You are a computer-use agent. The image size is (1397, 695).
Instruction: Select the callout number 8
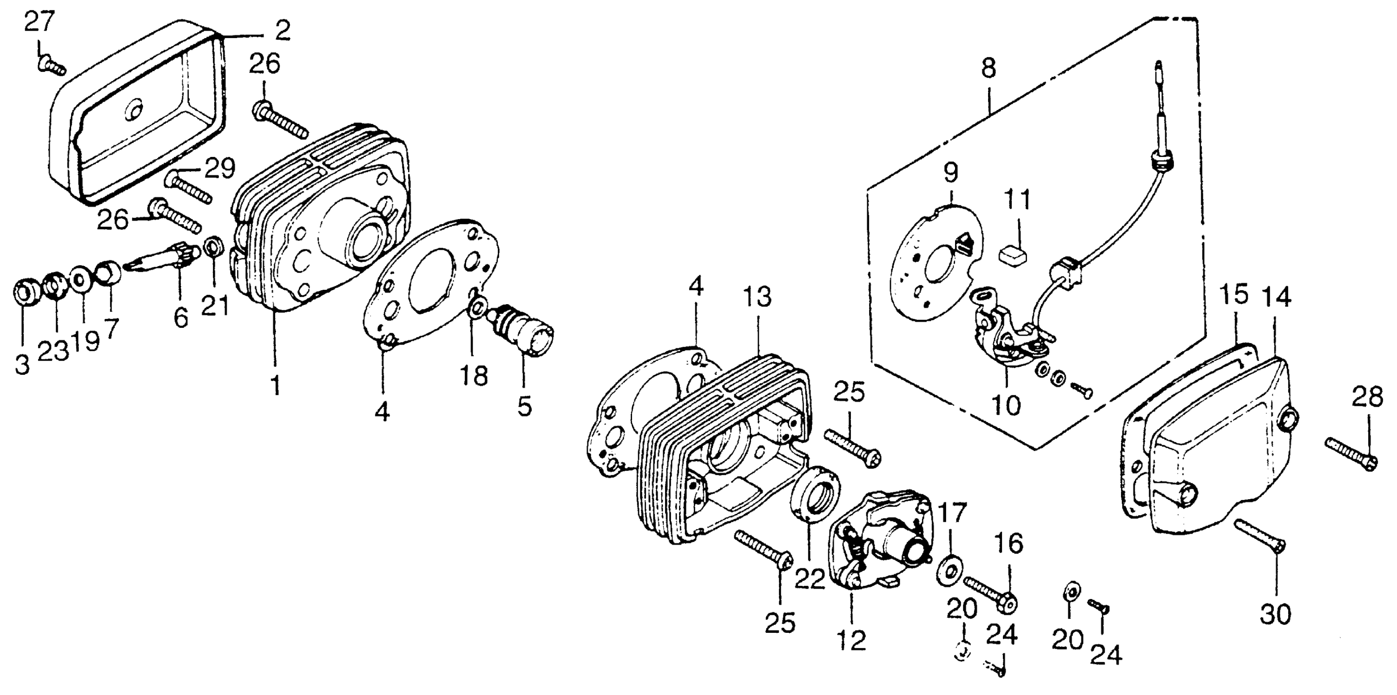point(988,69)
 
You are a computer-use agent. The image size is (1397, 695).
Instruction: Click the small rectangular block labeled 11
point(1015,254)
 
